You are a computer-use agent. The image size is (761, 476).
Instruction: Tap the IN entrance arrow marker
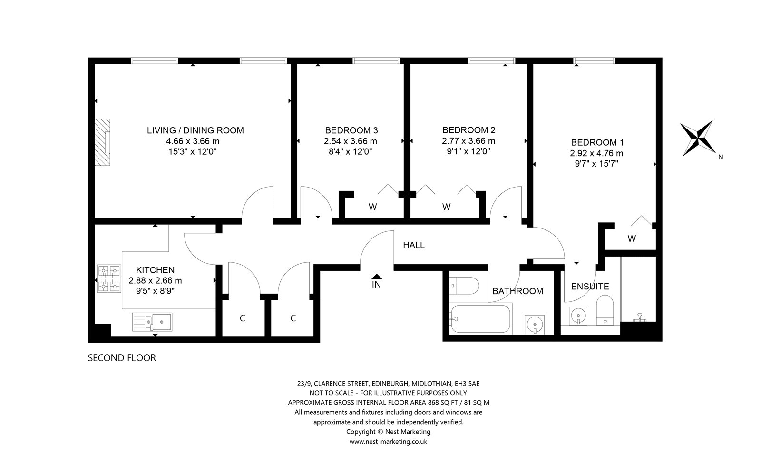click(376, 277)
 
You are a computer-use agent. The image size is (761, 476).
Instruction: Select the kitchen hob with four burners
click(109, 279)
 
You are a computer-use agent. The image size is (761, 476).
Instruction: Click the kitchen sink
click(152, 322)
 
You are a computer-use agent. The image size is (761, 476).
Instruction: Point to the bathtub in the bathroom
click(480, 319)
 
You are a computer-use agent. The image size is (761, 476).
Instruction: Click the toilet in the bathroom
click(464, 286)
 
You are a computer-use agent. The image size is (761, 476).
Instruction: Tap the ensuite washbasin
click(578, 316)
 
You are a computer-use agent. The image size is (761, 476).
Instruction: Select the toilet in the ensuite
click(605, 310)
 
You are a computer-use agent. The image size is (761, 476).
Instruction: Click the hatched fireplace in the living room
click(102, 142)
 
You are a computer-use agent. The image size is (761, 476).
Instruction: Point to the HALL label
click(414, 245)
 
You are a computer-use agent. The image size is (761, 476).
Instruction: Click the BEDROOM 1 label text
click(597, 142)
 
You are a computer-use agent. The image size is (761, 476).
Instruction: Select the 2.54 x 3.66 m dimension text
click(350, 141)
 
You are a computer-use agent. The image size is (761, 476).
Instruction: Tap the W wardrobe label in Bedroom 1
click(632, 238)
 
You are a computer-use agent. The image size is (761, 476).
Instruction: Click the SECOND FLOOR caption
click(122, 358)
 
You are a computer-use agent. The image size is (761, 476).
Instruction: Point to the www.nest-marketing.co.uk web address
click(388, 442)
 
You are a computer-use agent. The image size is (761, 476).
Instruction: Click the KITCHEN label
click(155, 270)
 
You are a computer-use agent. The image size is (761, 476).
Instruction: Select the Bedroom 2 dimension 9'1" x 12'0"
click(468, 151)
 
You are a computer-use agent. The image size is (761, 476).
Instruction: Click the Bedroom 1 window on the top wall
click(594, 61)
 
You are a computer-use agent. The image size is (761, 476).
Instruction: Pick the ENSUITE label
click(590, 287)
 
